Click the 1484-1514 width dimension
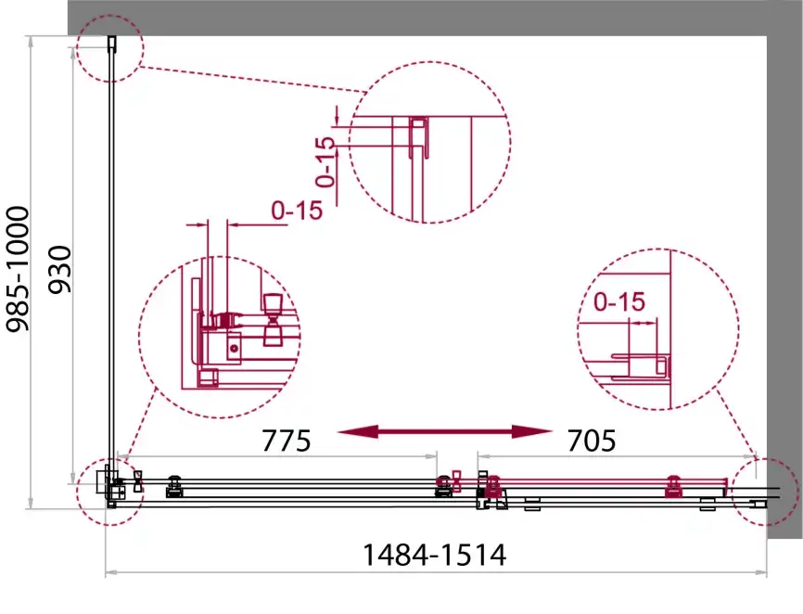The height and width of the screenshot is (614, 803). pyautogui.click(x=434, y=555)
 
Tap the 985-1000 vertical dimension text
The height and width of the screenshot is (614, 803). pyautogui.click(x=18, y=269)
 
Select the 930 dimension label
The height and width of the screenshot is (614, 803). pyautogui.click(x=59, y=270)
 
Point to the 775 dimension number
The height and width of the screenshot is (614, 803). pyautogui.click(x=286, y=441)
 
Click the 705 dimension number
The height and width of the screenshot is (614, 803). pyautogui.click(x=592, y=441)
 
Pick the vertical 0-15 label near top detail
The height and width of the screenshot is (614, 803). pyautogui.click(x=325, y=161)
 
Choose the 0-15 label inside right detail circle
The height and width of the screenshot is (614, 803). pyautogui.click(x=619, y=301)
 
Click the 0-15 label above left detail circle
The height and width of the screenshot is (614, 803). pyautogui.click(x=297, y=210)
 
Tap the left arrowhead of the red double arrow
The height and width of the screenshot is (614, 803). pyautogui.click(x=358, y=431)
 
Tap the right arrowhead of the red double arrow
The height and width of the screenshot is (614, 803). pyautogui.click(x=532, y=431)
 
